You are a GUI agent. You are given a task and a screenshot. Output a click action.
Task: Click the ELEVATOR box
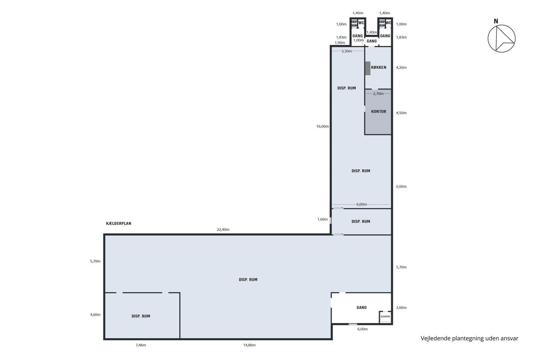[x=385, y=317]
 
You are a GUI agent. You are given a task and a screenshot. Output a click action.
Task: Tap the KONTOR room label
[x=378, y=112]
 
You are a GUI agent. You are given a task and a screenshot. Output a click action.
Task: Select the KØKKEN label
[x=378, y=68]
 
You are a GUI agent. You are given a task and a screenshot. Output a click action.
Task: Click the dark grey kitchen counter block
[x=368, y=68]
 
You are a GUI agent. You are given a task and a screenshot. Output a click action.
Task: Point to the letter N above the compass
[x=496, y=21]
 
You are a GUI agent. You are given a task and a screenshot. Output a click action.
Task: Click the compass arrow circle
[x=501, y=39]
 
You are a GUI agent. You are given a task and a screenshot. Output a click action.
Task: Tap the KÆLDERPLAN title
[x=119, y=223]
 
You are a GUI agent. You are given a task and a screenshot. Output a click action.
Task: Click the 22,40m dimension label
[x=223, y=230]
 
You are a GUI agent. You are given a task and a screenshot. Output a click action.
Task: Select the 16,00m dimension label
[x=322, y=126]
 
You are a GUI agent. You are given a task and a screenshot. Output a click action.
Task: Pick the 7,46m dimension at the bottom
[x=141, y=345]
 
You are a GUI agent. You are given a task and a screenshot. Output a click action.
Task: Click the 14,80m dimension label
[x=249, y=345]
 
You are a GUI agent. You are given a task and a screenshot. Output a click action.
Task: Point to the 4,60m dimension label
[x=95, y=315]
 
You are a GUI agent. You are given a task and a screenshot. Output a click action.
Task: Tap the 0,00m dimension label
[x=401, y=186]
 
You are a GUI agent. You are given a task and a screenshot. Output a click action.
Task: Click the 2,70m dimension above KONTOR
[x=378, y=93]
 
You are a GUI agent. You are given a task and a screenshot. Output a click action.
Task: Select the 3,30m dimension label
[x=347, y=51]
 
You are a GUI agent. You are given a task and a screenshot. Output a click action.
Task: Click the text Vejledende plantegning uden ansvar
[x=469, y=338]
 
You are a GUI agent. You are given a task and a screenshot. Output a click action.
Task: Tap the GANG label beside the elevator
[x=362, y=308]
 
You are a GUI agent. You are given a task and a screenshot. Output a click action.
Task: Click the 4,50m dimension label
[x=401, y=113]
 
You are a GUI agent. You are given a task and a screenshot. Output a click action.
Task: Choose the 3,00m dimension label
[x=401, y=308]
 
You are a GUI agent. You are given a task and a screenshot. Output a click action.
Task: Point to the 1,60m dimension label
[x=322, y=220]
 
